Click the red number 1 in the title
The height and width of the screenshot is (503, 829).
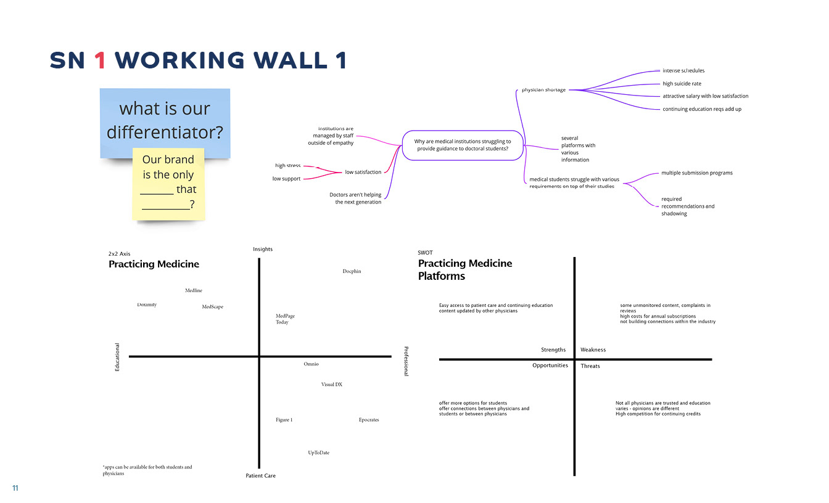(101, 60)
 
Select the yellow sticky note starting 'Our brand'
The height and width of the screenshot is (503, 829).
(168, 184)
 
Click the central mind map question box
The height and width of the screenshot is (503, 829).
(463, 145)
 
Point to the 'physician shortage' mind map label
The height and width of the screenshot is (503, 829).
(543, 90)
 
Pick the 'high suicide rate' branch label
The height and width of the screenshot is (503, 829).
(682, 84)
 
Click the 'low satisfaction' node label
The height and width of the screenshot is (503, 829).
(363, 172)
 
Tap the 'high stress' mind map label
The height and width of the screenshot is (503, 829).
(287, 165)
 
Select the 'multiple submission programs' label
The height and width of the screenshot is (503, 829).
(697, 173)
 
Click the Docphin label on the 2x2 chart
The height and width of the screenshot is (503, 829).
(352, 271)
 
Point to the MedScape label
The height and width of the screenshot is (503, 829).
(212, 306)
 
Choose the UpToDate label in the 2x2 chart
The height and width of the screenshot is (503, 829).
(319, 452)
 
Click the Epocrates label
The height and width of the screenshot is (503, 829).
(369, 420)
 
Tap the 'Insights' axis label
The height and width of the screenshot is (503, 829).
(263, 249)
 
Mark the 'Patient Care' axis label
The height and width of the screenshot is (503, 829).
(260, 476)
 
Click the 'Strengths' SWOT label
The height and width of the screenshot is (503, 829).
(553, 350)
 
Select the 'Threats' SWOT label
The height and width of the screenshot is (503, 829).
(590, 366)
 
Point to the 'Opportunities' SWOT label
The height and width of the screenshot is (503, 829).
(550, 366)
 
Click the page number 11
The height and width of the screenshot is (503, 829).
(15, 488)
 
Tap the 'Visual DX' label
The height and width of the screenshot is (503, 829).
(332, 385)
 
